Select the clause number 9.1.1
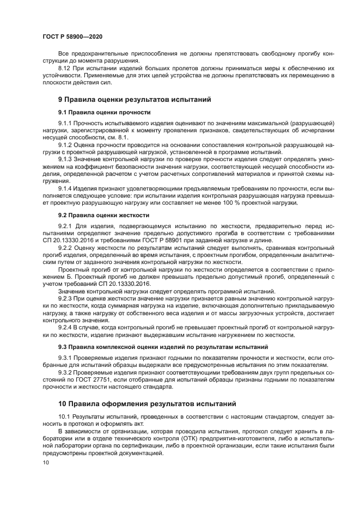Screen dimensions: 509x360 point(65,124)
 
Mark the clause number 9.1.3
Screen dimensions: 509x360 point(65,160)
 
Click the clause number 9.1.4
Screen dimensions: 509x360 point(65,188)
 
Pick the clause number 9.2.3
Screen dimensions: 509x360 point(65,299)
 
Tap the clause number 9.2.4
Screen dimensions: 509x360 point(65,327)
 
